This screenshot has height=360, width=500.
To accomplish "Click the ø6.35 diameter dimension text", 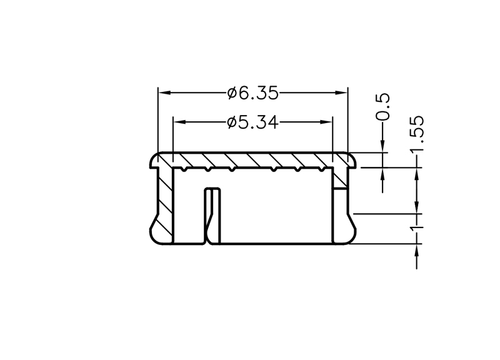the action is point(253,93).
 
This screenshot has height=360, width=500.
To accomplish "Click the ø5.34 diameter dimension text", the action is point(253,122).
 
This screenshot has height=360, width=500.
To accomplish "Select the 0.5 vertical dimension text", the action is point(382,107).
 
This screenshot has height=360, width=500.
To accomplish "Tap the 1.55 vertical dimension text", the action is point(417,134).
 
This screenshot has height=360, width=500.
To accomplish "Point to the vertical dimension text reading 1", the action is point(417,228).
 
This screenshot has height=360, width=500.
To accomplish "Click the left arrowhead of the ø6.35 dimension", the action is point(165,92).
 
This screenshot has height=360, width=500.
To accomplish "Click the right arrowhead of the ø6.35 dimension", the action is point(341,92).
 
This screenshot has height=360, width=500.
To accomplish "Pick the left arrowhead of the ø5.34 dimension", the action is point(180,122).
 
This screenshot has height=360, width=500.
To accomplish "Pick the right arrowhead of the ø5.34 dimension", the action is point(326,122).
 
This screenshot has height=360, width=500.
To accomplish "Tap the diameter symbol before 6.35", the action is point(232,93).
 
